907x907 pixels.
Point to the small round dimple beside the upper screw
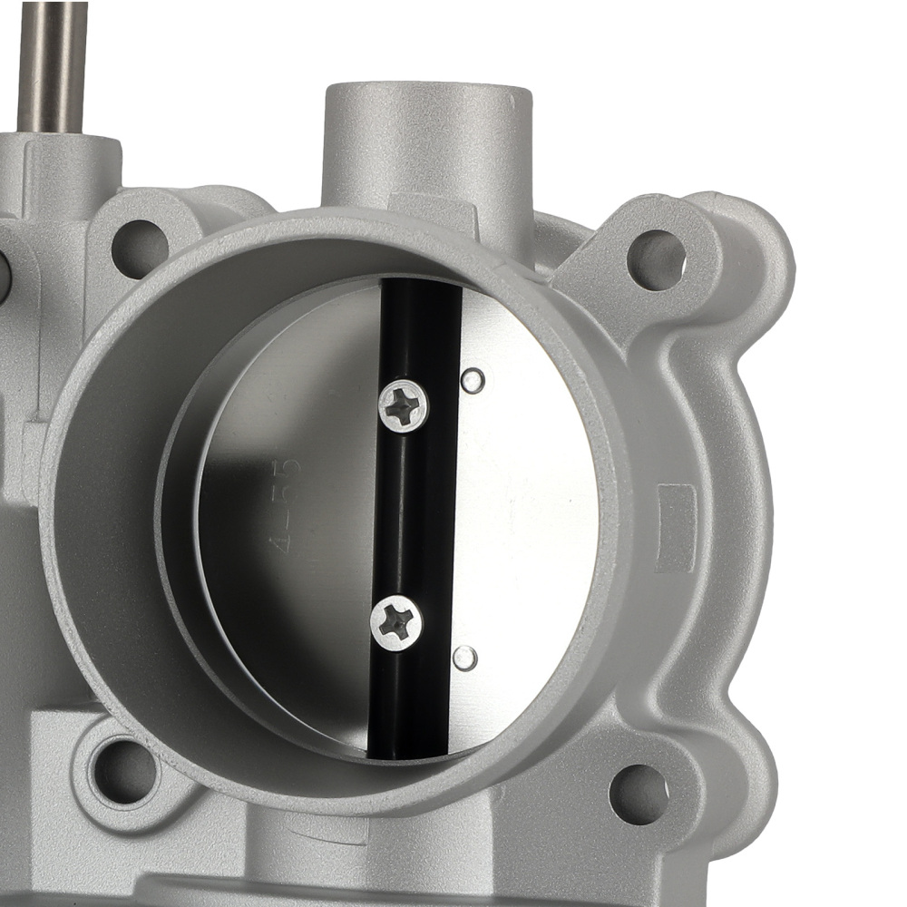tap(473, 380)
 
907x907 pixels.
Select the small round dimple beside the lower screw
tap(464, 657)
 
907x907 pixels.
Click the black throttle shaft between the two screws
tap(404, 512)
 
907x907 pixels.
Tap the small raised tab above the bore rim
tap(430, 205)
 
